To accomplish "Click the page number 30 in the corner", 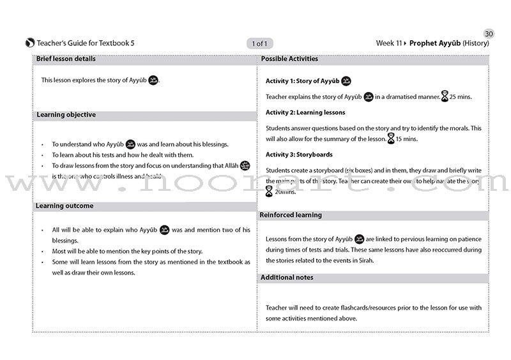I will click(489, 33).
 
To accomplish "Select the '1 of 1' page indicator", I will click(260, 43).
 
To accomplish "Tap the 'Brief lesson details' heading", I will click(66, 59).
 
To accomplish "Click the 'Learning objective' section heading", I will click(66, 115).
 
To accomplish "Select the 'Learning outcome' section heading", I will click(65, 206).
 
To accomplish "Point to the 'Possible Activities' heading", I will click(289, 59).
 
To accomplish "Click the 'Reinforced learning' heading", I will click(291, 215).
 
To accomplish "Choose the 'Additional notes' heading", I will click(287, 277).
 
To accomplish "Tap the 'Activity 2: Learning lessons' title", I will click(305, 112).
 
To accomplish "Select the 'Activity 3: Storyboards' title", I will click(299, 154).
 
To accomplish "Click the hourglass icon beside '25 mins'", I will click(445, 97).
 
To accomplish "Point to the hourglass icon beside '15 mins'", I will click(392, 139).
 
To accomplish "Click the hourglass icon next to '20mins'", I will click(270, 191).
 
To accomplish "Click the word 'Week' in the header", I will click(385, 43).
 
